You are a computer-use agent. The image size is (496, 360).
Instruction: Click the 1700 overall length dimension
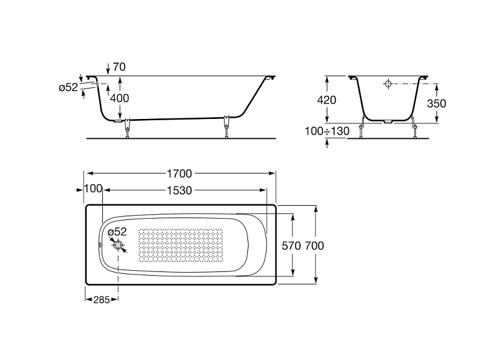[179, 173]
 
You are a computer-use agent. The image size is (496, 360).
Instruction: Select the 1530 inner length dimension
[179, 190]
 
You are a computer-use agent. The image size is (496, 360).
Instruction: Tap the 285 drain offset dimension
[102, 300]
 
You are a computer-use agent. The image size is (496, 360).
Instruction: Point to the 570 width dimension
[291, 245]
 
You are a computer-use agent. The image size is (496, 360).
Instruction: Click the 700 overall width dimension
[314, 245]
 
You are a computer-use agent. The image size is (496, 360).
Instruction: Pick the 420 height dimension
[327, 100]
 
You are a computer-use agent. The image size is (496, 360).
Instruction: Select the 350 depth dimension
[436, 103]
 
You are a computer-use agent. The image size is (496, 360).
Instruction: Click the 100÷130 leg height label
[327, 131]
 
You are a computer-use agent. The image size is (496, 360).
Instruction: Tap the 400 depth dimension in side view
[120, 98]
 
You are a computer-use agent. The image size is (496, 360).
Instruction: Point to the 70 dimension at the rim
[119, 67]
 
